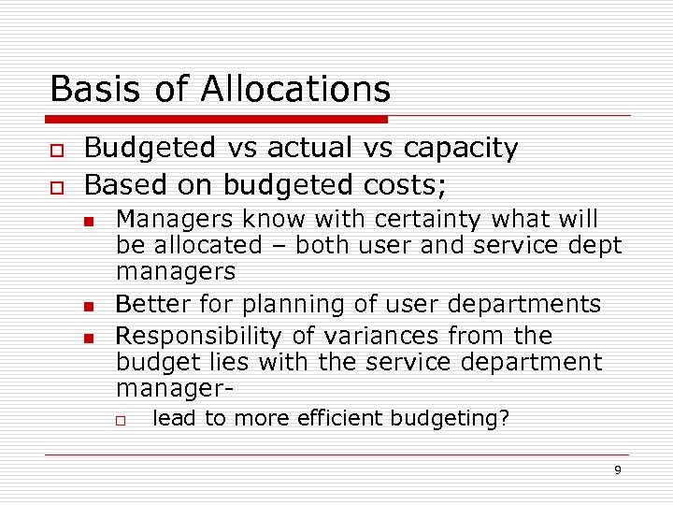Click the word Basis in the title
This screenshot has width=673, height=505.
tap(86, 89)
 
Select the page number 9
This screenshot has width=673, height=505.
tap(617, 469)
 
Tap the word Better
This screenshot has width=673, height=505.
tap(149, 304)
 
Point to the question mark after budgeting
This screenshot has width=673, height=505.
tap(505, 418)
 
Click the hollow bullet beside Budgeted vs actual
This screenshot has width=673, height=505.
tap(57, 150)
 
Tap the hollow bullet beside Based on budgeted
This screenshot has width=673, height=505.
tap(57, 185)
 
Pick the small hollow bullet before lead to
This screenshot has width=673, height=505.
tap(121, 420)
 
